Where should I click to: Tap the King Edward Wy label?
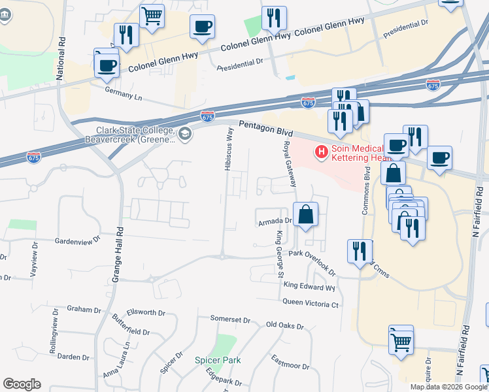(309, 286)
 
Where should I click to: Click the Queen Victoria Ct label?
(310, 303)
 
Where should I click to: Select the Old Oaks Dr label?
(284, 325)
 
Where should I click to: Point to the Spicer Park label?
(218, 360)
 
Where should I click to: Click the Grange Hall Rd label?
(118, 255)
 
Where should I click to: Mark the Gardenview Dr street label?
(77, 239)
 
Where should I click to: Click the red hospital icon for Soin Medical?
(322, 152)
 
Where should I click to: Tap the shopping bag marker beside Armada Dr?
(305, 214)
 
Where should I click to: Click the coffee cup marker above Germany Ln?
(107, 65)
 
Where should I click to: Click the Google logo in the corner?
(22, 384)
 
